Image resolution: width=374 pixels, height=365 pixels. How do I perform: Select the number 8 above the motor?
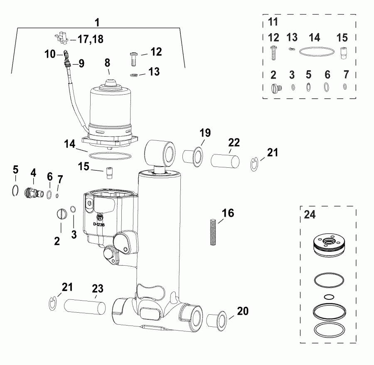click(107, 64)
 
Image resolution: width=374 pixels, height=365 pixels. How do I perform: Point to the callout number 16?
click(228, 213)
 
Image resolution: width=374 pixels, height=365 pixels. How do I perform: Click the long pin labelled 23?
click(85, 308)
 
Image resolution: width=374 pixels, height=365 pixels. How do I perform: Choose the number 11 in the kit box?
click(273, 22)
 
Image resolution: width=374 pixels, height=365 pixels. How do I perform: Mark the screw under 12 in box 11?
click(273, 52)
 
